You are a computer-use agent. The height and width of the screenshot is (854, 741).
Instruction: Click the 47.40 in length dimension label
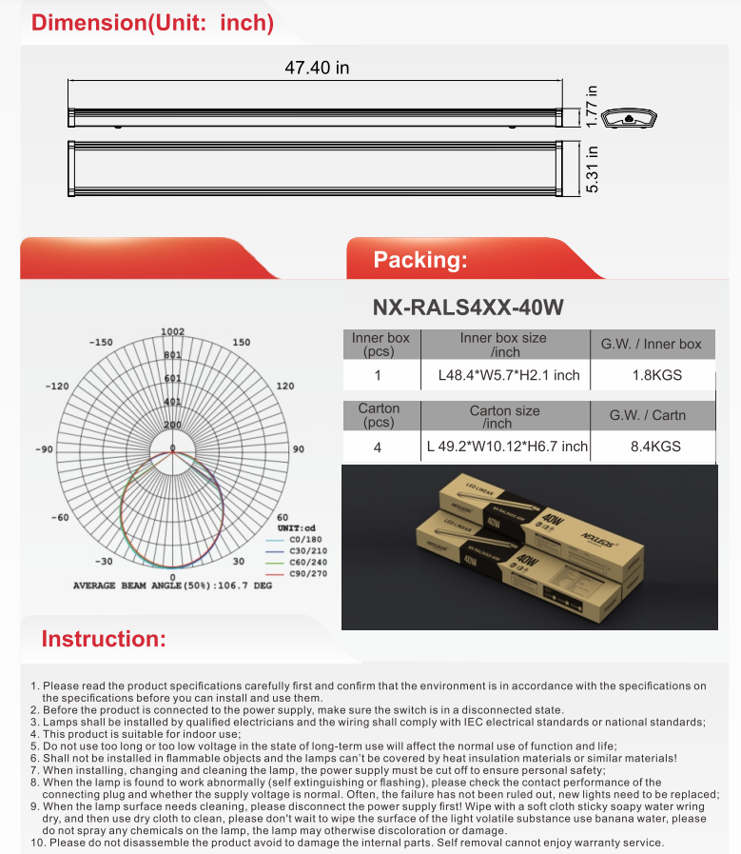point(318,68)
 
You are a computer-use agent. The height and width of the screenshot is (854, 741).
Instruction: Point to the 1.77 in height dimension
point(592,106)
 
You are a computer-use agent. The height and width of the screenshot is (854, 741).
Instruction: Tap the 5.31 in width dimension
point(592,169)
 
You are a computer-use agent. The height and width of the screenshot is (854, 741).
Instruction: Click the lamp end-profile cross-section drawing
point(631,118)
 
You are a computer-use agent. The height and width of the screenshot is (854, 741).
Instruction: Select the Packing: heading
point(419,260)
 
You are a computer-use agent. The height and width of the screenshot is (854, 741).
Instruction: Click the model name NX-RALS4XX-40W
point(469,308)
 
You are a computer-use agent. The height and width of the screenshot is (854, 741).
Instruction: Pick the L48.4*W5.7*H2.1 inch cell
point(508,375)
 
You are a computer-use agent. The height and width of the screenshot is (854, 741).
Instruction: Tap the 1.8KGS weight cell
point(656,375)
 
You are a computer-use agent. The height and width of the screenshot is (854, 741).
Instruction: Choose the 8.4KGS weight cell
point(656,446)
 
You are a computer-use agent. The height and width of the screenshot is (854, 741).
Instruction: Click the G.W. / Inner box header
point(651,344)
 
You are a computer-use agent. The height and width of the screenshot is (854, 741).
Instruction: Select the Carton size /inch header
point(504,416)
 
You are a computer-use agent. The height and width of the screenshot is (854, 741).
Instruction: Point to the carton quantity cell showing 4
point(379,446)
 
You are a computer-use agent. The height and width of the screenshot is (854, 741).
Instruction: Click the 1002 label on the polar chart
point(172,331)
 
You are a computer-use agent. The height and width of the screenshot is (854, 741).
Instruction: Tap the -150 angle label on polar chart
point(100,342)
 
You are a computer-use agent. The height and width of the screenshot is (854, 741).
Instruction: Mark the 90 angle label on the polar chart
point(298,448)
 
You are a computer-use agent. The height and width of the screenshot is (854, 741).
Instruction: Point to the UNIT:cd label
point(297,527)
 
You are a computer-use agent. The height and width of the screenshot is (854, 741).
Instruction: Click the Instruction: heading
point(104,639)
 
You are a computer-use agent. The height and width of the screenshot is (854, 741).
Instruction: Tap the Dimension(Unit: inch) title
point(152,23)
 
